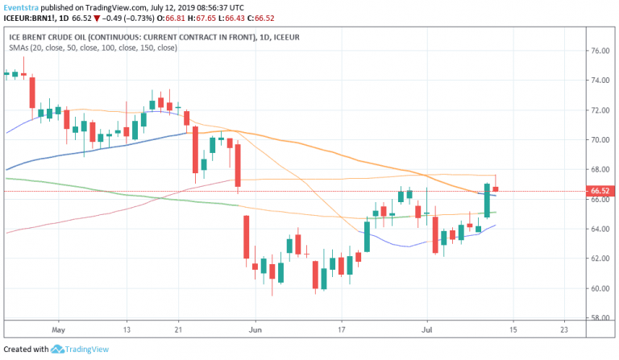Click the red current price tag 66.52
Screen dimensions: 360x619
[599, 191]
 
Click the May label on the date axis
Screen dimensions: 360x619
[56, 330]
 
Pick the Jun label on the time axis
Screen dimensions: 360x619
[255, 330]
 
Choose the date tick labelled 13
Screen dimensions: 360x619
[126, 330]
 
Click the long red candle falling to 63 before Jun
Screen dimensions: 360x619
[245, 237]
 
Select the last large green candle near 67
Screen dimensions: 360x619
[487, 201]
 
